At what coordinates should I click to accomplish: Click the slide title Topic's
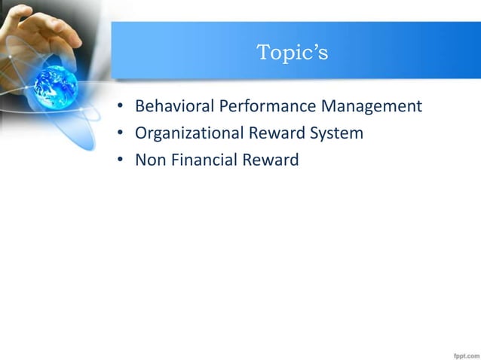coord(292,53)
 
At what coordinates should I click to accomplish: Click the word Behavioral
coord(173,106)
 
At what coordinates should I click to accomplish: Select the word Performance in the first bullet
coord(261,106)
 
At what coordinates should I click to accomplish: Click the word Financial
coord(201,160)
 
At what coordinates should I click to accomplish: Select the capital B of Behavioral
coord(140,106)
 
